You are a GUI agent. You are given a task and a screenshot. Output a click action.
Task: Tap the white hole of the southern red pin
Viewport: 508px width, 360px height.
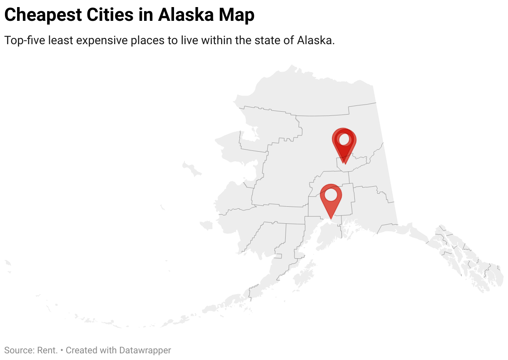[331, 195]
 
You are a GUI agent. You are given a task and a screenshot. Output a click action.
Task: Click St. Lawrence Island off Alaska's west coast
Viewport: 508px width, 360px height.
[192, 169]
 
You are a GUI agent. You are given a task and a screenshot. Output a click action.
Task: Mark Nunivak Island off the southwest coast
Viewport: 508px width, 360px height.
[206, 225]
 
